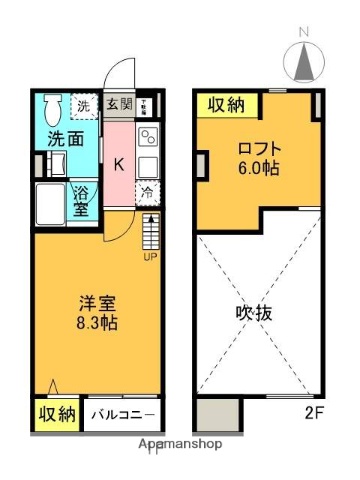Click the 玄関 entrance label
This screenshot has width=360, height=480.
click(x=119, y=102)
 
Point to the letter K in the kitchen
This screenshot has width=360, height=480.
click(x=117, y=165)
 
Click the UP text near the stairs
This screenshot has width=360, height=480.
click(x=150, y=257)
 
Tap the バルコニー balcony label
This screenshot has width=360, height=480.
click(x=122, y=415)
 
